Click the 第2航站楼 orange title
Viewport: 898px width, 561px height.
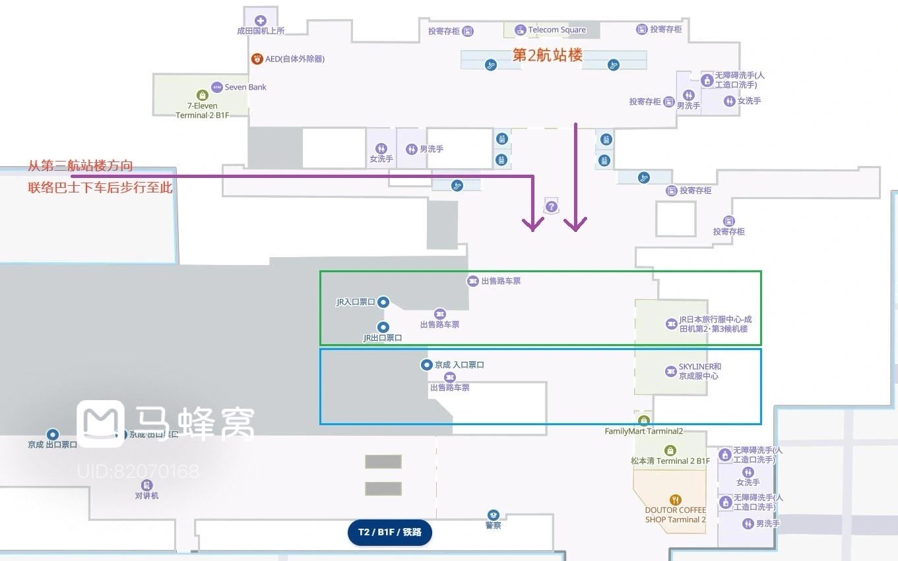548,55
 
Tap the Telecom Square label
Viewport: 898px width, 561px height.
557,30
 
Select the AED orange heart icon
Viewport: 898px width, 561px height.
257,59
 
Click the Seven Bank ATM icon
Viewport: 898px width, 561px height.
217,87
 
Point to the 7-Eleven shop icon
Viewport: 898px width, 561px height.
202,96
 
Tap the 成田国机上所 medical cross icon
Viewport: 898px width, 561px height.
260,20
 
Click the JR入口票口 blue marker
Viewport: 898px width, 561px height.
383,302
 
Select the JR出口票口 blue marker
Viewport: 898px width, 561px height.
383,327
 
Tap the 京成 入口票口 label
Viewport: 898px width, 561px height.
459,365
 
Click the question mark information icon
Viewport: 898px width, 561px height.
552,206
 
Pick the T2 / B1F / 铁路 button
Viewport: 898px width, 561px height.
389,532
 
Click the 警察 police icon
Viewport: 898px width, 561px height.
493,515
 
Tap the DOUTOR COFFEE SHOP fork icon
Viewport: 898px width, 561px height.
675,500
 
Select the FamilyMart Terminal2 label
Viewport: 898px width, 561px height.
643,431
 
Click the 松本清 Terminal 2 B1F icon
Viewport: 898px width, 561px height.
670,450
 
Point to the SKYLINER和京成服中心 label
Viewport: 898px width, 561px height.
700,371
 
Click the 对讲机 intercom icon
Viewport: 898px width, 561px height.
146,485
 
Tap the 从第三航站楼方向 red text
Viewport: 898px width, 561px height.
80,165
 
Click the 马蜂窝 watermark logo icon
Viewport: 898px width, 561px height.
100,423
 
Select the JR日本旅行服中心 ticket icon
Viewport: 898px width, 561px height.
671,324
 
